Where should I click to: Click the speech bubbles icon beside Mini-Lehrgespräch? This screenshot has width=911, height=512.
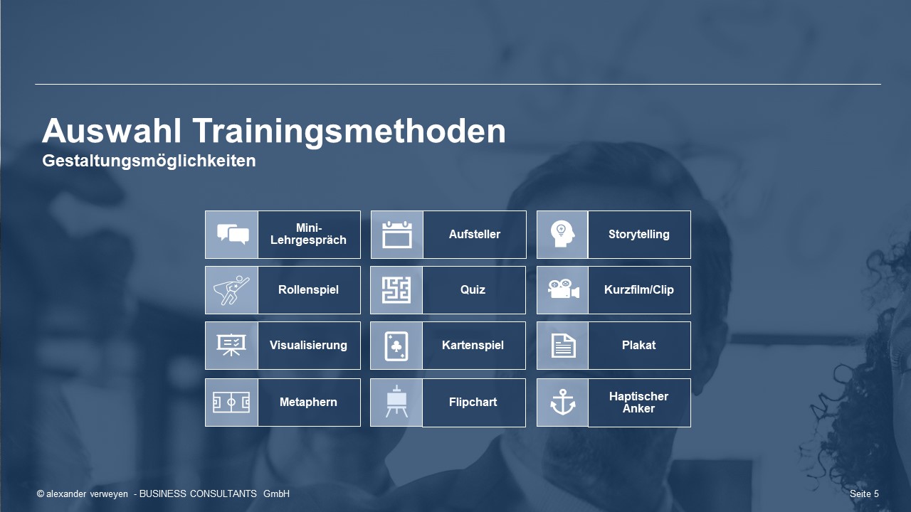click(x=233, y=234)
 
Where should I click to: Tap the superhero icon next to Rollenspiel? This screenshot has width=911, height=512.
click(x=231, y=290)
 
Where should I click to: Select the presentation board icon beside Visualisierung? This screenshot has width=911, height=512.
click(x=231, y=345)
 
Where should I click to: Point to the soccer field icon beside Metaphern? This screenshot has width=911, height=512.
click(x=231, y=402)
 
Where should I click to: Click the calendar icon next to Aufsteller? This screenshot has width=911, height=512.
click(x=397, y=235)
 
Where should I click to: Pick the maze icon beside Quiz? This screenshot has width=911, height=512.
click(x=396, y=290)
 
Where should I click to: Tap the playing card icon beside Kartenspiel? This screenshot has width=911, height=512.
click(x=396, y=346)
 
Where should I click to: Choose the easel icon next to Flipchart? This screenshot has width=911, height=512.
click(x=396, y=401)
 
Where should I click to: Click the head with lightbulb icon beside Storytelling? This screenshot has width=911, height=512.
click(x=562, y=234)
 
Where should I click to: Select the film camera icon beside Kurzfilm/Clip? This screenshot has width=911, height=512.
click(x=563, y=289)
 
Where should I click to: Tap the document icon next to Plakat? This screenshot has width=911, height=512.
click(x=563, y=346)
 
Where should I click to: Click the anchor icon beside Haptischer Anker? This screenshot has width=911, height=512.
click(x=563, y=402)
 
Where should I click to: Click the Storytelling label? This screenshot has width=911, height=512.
click(x=638, y=235)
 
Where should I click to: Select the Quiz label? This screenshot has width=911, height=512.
click(x=473, y=289)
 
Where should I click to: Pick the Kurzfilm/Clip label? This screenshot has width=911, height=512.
click(x=638, y=289)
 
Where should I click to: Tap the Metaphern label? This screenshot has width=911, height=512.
click(x=308, y=402)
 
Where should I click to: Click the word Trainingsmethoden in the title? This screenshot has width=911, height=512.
click(x=349, y=132)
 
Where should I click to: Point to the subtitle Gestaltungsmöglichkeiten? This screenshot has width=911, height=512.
click(x=149, y=161)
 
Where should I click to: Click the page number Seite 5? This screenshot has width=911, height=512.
click(x=864, y=494)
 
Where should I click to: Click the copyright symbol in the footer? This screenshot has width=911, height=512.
click(x=41, y=494)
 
